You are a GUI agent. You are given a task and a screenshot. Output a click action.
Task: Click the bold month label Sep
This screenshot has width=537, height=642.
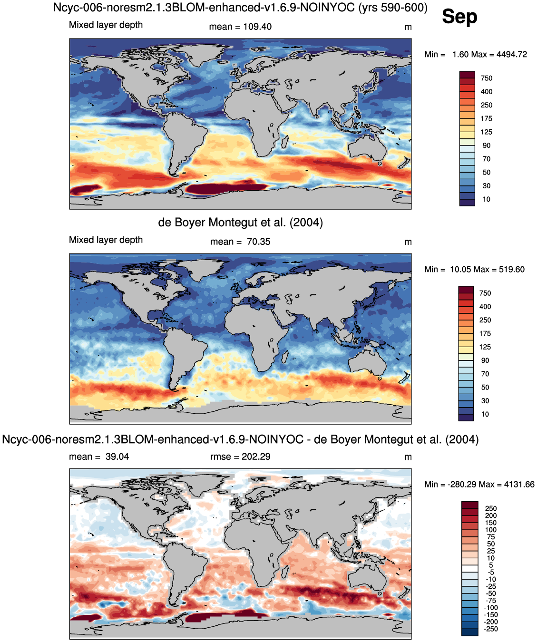tap(459, 17)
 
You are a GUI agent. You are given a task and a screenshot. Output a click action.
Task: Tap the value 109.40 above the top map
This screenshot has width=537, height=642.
tap(257, 27)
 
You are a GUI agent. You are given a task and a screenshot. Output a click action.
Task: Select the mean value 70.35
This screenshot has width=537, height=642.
tap(258, 242)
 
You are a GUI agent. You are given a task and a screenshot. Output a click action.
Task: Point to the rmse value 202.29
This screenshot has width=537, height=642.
tap(256, 457)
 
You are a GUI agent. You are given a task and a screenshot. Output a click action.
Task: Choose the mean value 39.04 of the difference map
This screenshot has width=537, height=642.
tap(117, 457)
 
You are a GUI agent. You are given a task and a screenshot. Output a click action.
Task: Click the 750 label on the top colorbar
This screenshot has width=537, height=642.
tap(487, 78)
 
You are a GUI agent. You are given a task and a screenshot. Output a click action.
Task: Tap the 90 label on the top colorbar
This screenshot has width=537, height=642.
tap(487, 146)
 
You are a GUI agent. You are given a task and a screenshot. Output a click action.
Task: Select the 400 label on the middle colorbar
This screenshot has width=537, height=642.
tap(485, 307)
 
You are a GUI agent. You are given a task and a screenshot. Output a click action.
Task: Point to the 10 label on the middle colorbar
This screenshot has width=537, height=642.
tap(485, 414)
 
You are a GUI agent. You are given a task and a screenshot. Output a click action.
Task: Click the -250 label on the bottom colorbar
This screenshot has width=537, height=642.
tap(491, 629)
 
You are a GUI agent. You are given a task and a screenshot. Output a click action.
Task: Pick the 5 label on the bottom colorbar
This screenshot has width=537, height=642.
tap(491, 565)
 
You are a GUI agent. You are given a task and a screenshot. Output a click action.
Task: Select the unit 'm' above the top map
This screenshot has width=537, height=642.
tap(408, 27)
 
